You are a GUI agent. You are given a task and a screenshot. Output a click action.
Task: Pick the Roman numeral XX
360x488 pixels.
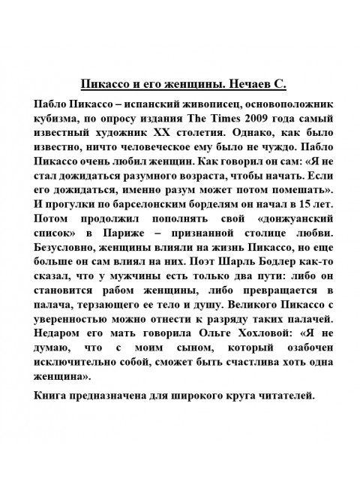point(166,134)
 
